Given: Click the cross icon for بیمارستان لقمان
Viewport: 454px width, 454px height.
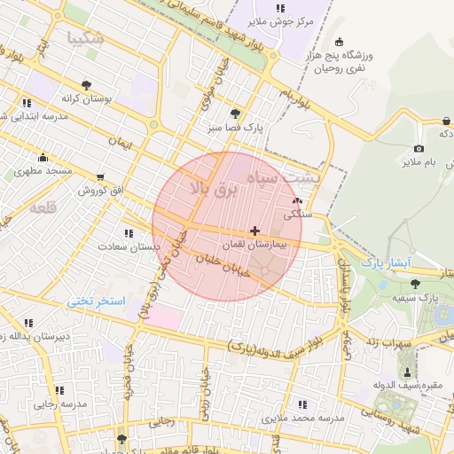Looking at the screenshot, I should coord(255,231).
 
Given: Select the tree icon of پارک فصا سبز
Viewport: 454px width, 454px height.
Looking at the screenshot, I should coord(235,113).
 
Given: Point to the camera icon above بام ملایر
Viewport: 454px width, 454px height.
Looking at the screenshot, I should coord(419,148).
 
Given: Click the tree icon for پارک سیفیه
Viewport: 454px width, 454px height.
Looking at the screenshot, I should coord(415,283).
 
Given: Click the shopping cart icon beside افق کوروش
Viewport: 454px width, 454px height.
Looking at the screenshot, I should coord(100,177).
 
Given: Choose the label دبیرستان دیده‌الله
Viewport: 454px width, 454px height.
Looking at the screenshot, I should coord(37,336).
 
